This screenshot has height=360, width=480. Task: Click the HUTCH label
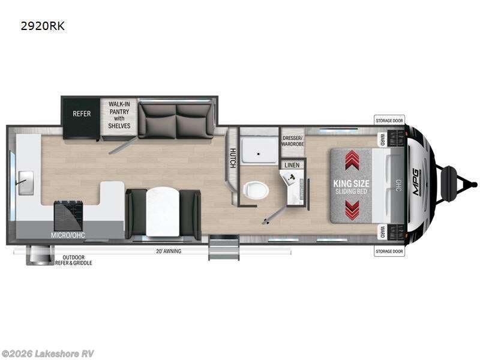[x=232, y=157]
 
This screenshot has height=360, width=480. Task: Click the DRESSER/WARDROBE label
[x=293, y=140]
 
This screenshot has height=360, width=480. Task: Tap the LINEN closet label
[x=292, y=164]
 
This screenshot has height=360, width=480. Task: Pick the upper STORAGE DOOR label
[x=389, y=121]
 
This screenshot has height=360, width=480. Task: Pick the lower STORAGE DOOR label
[x=389, y=251]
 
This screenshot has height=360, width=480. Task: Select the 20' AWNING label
[x=168, y=251]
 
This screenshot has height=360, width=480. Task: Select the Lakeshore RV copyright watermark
[x=48, y=353]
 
